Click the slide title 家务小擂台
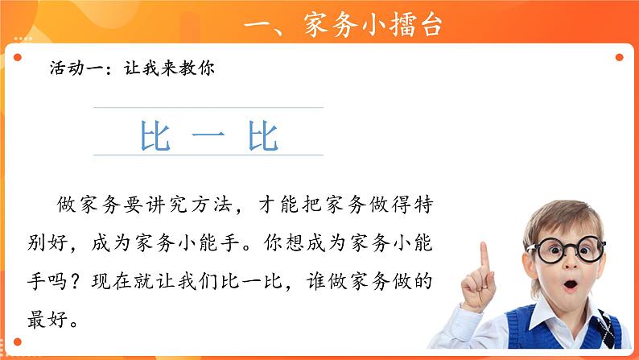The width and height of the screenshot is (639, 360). coord(375,24)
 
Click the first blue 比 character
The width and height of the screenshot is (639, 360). coord(155,136)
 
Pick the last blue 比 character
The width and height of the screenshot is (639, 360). coord(263,136)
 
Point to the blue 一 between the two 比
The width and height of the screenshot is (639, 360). coord(208,137)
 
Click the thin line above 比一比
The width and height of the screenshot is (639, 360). coord(208,108)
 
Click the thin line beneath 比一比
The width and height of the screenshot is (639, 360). coord(208,155)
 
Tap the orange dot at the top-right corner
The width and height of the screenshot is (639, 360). coord(619,57)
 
